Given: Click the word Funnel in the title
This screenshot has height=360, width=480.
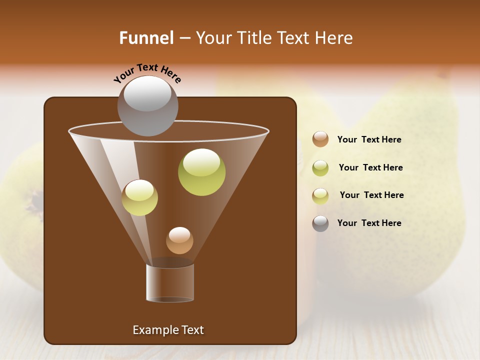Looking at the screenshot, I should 146,38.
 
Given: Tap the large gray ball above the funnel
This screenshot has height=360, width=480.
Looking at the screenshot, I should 147,106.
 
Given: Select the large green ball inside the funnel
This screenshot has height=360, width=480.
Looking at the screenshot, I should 201,172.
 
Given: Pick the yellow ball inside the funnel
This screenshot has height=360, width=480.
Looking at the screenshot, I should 139,197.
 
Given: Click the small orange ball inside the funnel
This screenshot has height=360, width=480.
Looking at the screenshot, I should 179,240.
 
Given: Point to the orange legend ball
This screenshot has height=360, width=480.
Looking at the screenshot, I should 320,139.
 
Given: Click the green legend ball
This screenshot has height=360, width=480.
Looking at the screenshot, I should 320,167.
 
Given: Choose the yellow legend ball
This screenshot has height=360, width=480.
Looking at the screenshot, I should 320,195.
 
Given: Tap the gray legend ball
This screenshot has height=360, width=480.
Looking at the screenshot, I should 320,223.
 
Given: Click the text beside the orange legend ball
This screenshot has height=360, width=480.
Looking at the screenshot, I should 369,140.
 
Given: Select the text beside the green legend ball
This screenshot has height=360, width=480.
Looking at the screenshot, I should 370,167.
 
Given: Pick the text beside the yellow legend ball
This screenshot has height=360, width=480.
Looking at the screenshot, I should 371,195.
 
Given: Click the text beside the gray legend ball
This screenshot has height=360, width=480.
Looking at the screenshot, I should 369,223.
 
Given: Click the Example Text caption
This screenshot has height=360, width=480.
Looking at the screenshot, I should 168,330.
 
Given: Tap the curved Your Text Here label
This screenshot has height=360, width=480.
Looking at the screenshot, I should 147,72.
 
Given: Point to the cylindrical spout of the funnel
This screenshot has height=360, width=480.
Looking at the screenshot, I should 170,282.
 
